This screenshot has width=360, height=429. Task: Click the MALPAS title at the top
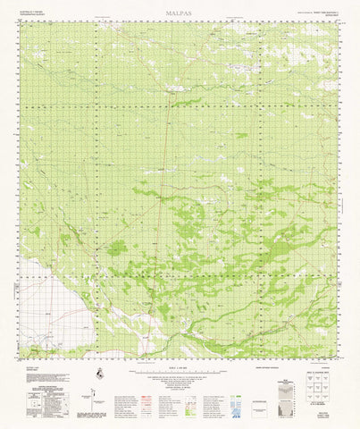click(x=179, y=14)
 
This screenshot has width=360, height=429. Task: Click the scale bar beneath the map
click(x=179, y=362)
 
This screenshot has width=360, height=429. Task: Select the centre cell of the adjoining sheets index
click(x=325, y=379)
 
